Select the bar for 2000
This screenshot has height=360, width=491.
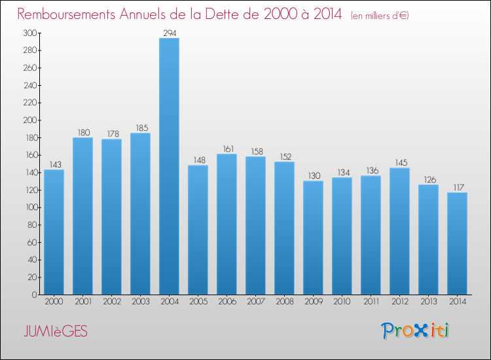(54, 232)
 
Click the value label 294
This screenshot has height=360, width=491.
(169, 32)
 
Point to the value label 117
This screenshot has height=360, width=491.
(457, 187)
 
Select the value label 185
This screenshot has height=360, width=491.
(140, 127)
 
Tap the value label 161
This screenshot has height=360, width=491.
(227, 148)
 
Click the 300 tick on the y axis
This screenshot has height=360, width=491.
(29, 33)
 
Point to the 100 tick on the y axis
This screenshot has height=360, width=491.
(29, 207)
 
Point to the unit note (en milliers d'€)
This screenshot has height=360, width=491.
(380, 16)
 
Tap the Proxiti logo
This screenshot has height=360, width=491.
(416, 331)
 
